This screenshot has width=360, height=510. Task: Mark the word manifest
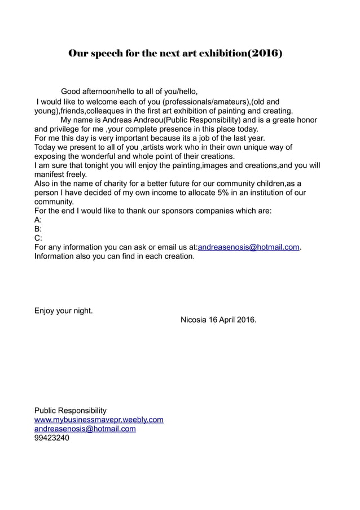tap(50, 175)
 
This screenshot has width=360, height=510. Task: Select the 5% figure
tap(215, 193)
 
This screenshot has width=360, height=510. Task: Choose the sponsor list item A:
tap(38, 220)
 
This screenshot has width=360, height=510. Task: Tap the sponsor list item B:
tap(38, 229)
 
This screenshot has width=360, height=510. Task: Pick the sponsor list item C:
tap(38, 238)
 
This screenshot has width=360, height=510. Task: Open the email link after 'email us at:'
tap(248, 247)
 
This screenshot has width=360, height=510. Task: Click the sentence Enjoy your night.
tap(64, 311)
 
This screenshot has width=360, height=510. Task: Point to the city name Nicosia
tap(194, 320)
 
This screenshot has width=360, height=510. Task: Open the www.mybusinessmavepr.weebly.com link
tap(99, 420)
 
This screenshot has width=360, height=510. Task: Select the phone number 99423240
tap(52, 438)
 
